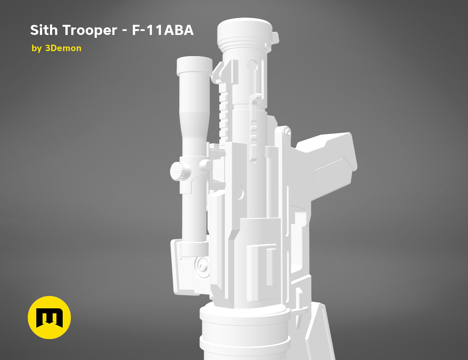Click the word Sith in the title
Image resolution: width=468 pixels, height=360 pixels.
click(44, 30)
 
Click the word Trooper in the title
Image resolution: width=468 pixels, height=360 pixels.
click(90, 30)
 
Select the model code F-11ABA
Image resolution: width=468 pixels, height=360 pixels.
click(163, 30)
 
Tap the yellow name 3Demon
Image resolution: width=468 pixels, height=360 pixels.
click(63, 48)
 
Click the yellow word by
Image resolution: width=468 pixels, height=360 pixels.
click(36, 49)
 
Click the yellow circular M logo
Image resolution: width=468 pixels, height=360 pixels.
click(49, 318)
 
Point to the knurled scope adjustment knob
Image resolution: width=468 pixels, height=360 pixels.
click(180, 171)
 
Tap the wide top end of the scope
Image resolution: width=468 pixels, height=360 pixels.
click(194, 66)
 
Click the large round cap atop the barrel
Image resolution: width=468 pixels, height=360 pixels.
click(245, 32)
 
